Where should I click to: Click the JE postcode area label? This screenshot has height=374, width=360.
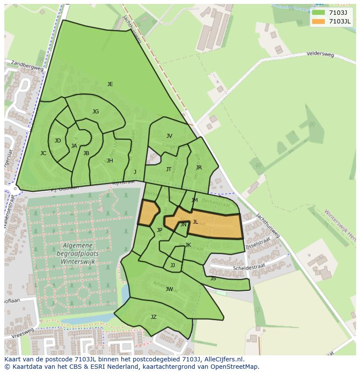click(x=110, y=84)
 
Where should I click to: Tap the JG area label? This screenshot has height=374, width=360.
click(x=96, y=112)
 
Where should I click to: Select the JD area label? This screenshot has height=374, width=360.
click(x=58, y=141)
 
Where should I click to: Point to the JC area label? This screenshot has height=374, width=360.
click(x=43, y=153)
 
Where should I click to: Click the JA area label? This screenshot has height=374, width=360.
click(x=74, y=146)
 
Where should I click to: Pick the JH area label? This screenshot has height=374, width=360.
click(x=110, y=161)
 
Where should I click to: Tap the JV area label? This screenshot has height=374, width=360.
click(x=169, y=136)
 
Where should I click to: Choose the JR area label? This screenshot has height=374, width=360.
click(x=199, y=168)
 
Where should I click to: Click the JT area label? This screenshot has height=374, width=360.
click(x=169, y=169)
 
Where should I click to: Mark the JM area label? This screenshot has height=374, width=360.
click(x=194, y=200)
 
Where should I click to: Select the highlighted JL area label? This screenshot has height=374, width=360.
click(x=195, y=222)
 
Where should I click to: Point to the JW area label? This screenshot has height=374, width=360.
click(x=169, y=289)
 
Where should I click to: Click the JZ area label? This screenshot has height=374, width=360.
click(x=153, y=317)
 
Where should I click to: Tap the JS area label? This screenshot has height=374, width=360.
click(x=213, y=278)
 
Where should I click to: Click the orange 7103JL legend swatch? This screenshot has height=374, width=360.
click(x=318, y=21)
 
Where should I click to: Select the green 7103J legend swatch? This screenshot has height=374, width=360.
click(x=318, y=13)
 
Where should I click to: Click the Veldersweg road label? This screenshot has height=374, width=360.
click(x=320, y=55)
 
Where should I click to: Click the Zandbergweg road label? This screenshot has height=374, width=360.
click(x=28, y=66)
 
